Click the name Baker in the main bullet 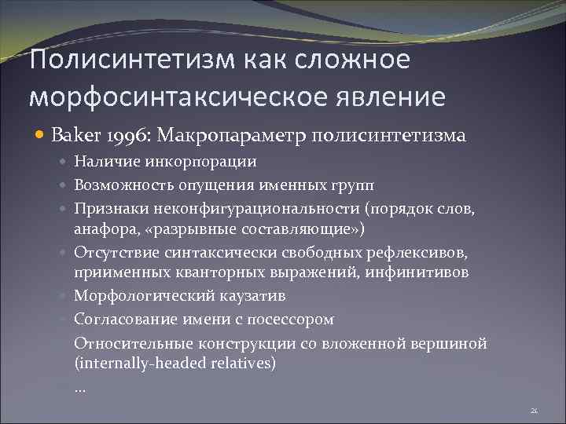tap(72, 136)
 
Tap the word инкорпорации tap(214, 162)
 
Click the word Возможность tap(116, 185)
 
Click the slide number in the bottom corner tap(534, 411)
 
